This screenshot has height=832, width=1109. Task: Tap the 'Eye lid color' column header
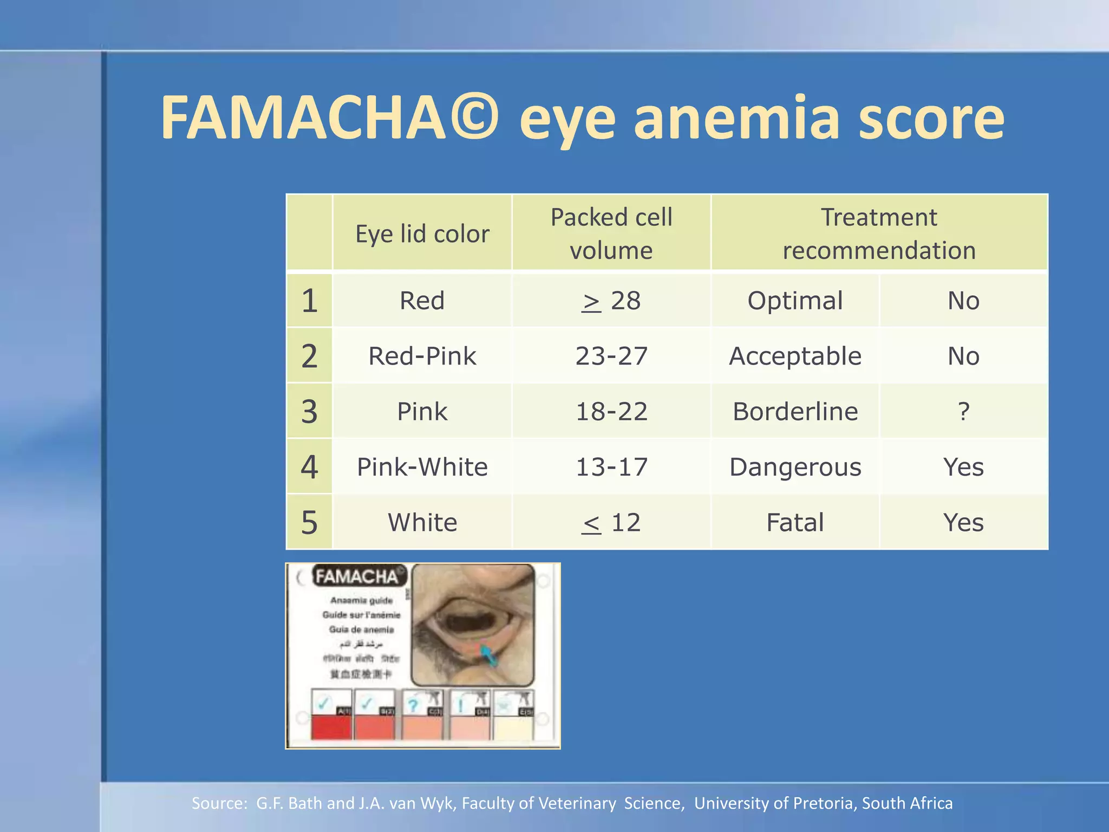tap(422, 234)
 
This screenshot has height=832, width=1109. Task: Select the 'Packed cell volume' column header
tap(611, 233)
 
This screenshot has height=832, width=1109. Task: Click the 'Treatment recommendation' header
tap(879, 233)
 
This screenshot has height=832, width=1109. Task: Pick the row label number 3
tap(309, 412)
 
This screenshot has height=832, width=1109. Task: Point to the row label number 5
tap(309, 523)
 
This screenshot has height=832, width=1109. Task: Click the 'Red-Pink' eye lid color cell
tap(422, 356)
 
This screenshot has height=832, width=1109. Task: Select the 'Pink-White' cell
tap(422, 467)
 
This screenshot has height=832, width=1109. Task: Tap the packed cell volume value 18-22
tap(611, 412)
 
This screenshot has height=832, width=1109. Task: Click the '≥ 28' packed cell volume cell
tap(611, 301)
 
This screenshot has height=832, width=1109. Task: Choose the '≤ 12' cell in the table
tap(611, 523)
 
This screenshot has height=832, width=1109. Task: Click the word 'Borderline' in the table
tap(795, 412)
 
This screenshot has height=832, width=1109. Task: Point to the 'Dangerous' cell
tap(795, 467)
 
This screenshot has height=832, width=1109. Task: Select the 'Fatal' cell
tap(795, 523)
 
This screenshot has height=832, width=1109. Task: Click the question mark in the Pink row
tap(963, 412)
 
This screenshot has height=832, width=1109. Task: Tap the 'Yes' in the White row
tap(963, 523)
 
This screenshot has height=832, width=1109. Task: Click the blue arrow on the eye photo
tap(488, 655)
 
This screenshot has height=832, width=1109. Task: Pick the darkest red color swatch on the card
tap(331, 727)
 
